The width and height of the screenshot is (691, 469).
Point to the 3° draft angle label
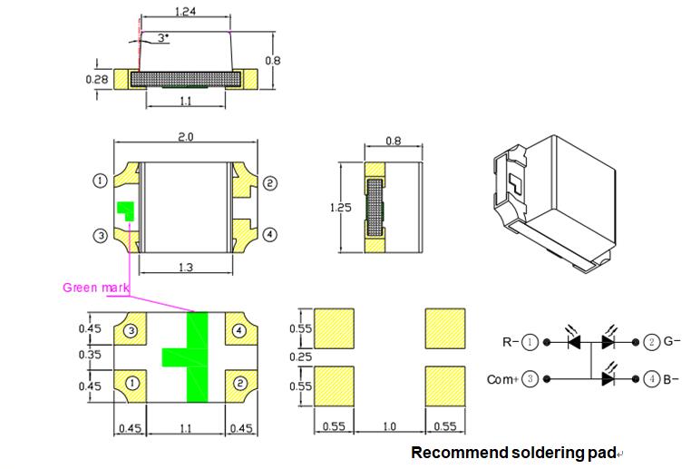tap(162, 38)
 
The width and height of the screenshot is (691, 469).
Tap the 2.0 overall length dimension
tap(186, 136)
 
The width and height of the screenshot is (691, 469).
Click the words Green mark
tap(95, 288)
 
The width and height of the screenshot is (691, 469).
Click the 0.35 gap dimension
tap(90, 356)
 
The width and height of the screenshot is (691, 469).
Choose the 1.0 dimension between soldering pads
tap(388, 425)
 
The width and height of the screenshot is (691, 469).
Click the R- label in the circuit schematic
tap(511, 343)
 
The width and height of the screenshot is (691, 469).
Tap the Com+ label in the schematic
tap(501, 379)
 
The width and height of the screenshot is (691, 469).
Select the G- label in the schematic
tap(672, 343)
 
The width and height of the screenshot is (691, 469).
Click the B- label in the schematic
tap(672, 379)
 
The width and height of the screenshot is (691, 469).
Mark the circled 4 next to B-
tap(651, 379)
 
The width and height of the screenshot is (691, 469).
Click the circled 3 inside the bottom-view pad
tap(131, 331)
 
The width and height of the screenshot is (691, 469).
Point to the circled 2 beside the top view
tap(269, 183)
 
